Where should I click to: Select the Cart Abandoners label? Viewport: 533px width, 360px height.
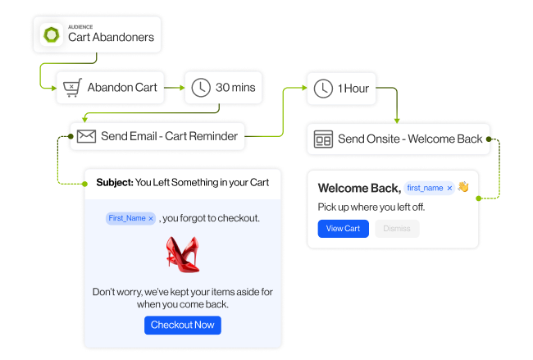pyautogui.click(x=111, y=37)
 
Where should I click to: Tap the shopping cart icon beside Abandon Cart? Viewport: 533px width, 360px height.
pyautogui.click(x=72, y=86)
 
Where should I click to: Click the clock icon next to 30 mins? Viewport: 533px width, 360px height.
pyautogui.click(x=200, y=86)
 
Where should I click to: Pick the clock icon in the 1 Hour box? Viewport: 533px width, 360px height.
pyautogui.click(x=322, y=88)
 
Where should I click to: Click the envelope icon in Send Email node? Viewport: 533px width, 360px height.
pyautogui.click(x=86, y=136)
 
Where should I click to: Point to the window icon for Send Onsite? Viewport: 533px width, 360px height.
pyautogui.click(x=323, y=139)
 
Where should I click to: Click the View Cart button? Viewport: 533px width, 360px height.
pyautogui.click(x=343, y=228)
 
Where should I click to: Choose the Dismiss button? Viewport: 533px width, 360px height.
pyautogui.click(x=397, y=228)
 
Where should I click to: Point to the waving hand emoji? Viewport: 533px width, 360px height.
pyautogui.click(x=463, y=187)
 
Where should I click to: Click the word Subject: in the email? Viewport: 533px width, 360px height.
pyautogui.click(x=114, y=182)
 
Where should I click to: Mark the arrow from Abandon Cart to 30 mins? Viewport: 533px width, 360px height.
pyautogui.click(x=173, y=86)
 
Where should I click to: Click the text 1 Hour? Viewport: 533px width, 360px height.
pyautogui.click(x=353, y=88)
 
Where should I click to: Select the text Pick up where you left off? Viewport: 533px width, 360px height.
pyautogui.click(x=371, y=207)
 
